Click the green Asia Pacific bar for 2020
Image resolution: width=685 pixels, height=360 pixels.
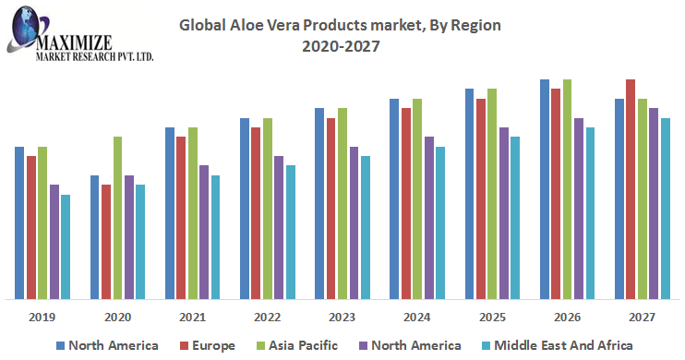(x=118, y=218)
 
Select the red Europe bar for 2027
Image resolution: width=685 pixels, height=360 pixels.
(x=631, y=189)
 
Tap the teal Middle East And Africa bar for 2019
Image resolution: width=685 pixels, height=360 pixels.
(x=66, y=246)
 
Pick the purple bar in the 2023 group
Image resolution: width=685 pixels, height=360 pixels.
(x=354, y=222)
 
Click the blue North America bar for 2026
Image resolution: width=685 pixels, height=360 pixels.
(x=545, y=189)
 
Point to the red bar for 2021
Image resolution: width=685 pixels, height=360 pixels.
(x=181, y=218)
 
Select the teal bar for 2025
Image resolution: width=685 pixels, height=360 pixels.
(x=515, y=218)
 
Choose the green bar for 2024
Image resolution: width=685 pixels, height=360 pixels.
(x=417, y=199)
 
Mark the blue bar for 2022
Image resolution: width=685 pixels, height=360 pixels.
(x=245, y=209)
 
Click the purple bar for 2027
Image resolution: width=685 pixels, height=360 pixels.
(x=654, y=204)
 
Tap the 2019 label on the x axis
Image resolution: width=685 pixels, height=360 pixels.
(x=42, y=318)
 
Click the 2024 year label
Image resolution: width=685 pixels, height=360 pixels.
(x=416, y=318)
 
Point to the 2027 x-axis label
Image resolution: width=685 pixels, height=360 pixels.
(x=642, y=318)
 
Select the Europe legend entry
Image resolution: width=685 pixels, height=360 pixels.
(x=208, y=345)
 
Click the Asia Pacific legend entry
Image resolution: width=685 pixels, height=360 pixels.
(x=297, y=345)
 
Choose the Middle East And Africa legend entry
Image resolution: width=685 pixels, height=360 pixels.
(x=557, y=345)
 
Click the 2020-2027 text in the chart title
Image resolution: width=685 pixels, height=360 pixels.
(x=341, y=46)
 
